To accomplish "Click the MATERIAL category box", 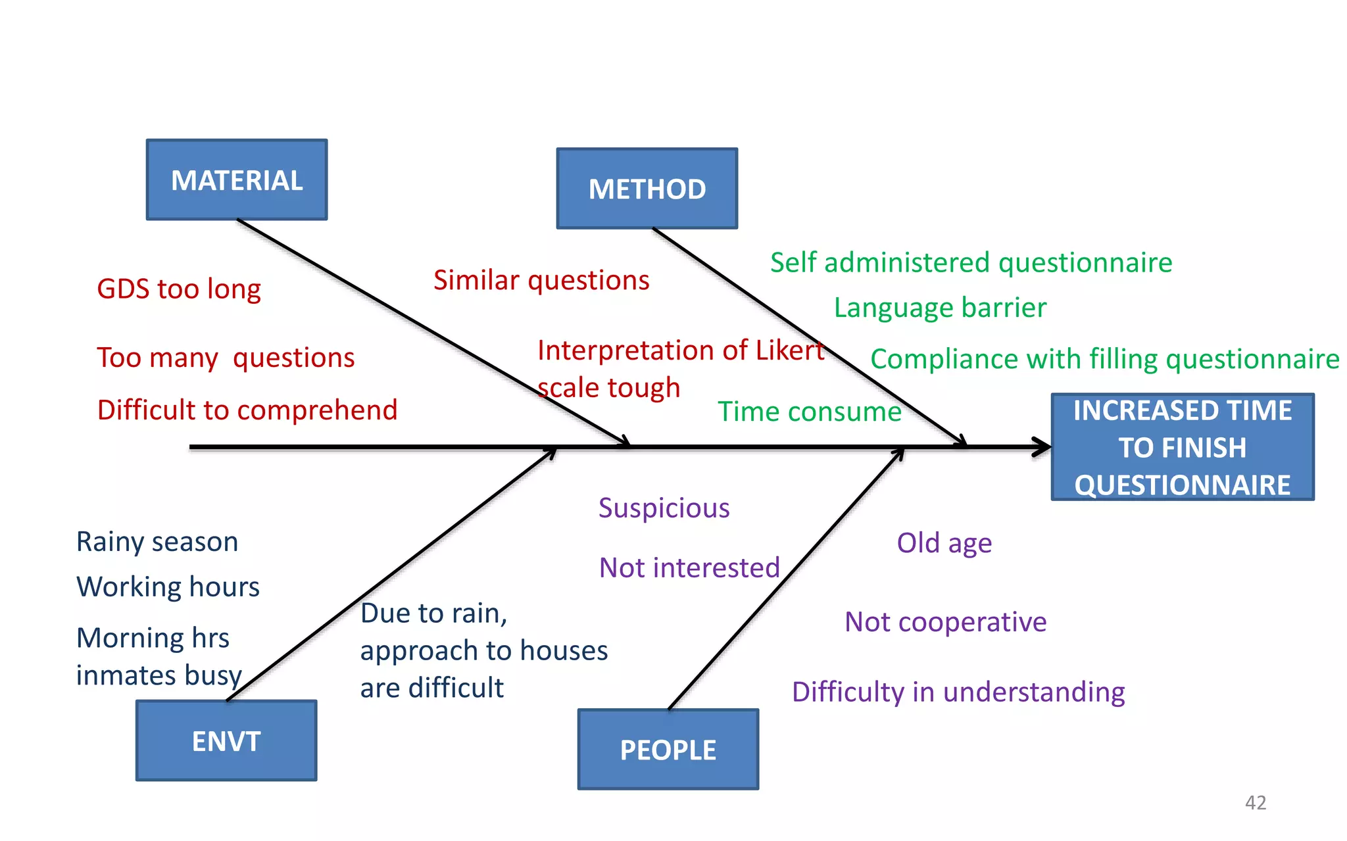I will click(x=237, y=180).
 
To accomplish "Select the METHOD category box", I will click(x=647, y=189).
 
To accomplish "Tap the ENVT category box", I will click(x=226, y=741).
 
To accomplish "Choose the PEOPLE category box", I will click(x=668, y=750).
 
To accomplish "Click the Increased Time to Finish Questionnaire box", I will click(x=1183, y=447).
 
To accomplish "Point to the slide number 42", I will click(x=1256, y=802).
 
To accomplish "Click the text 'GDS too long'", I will click(x=179, y=289).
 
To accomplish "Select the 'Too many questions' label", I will click(x=226, y=358).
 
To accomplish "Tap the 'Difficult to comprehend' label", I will click(x=247, y=410).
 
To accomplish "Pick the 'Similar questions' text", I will click(x=541, y=281).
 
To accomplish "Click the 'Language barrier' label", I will click(x=940, y=308).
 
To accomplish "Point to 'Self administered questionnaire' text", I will click(x=971, y=263).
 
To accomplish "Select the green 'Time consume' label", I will click(x=809, y=412).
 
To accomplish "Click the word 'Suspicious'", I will click(x=664, y=508).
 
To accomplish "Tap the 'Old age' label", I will click(x=944, y=544).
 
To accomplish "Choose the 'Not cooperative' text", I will click(x=946, y=622).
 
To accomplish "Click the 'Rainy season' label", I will click(x=157, y=542).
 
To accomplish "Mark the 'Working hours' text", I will click(x=168, y=587).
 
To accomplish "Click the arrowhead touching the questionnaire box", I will click(x=1042, y=447).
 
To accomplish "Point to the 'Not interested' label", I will click(x=689, y=567).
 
